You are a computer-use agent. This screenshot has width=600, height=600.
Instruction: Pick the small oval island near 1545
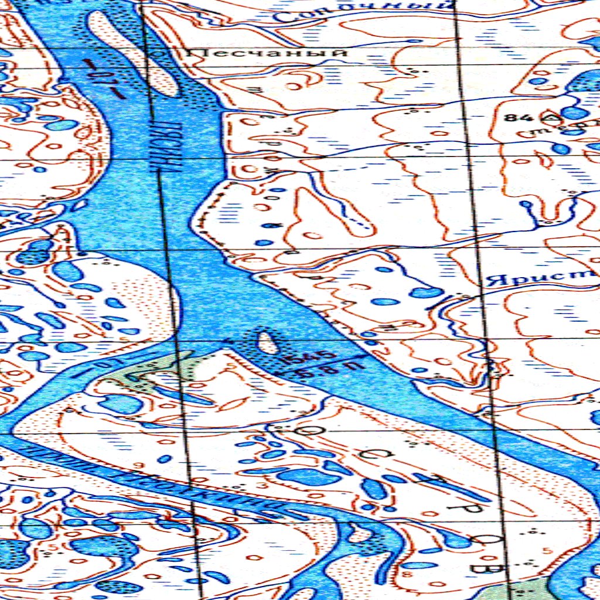pyautogui.click(x=267, y=343)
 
